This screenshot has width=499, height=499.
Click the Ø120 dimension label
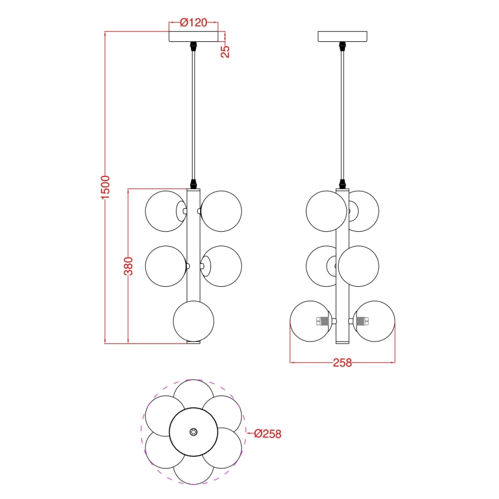click(x=193, y=23)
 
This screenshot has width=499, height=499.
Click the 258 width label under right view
click(x=342, y=363)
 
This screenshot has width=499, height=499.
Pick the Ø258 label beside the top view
click(x=267, y=434)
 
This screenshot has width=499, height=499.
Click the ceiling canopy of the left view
click(x=194, y=36)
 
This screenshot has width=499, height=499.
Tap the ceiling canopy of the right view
click(x=343, y=36)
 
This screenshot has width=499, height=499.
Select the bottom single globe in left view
click(x=193, y=321)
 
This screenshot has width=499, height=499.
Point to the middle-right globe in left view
click(x=223, y=266)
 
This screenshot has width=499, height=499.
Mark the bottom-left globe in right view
click(x=310, y=321)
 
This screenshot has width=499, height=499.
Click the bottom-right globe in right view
click(x=375, y=321)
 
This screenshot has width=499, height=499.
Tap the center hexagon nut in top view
click(x=193, y=432)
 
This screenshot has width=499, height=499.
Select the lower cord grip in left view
click(x=194, y=184)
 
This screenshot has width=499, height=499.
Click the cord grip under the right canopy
click(x=343, y=45)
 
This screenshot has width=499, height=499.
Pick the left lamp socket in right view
click(x=324, y=321)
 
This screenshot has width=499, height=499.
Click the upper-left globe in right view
click(x=326, y=211)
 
